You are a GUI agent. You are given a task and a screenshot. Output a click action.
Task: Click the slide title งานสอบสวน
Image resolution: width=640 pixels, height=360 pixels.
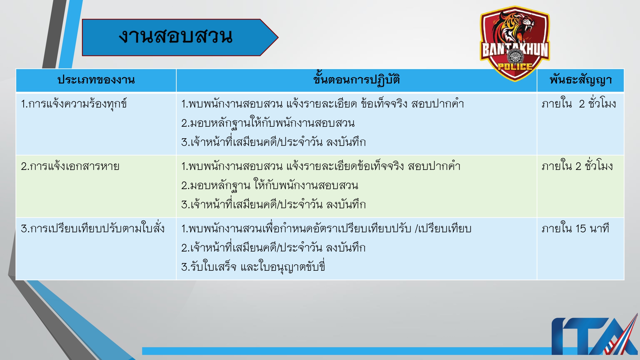coord(175,36)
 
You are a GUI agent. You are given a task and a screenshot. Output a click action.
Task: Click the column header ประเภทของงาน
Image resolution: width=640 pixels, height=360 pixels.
coord(96,80)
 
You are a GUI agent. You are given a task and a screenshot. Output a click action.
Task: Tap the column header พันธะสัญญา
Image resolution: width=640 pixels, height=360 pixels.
coord(580,80)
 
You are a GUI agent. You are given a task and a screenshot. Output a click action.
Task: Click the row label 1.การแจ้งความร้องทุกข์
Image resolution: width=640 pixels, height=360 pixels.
coord(74,104)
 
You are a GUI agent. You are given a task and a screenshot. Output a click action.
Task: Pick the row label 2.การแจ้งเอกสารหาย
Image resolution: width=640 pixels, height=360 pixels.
coord(70,166)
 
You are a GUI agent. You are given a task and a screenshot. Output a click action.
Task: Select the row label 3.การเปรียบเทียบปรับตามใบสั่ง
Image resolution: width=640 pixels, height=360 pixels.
coord(93,229)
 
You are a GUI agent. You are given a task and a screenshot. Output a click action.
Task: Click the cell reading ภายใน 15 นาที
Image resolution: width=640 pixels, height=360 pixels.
coord(575,229)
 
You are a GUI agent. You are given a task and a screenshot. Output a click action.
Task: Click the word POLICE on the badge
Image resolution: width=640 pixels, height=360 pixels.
coord(515,67)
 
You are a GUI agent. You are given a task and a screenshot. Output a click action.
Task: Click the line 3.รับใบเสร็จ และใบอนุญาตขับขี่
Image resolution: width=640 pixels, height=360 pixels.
coord(253,267)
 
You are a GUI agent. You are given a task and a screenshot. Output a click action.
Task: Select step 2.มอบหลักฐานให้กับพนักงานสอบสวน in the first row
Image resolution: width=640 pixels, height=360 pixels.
coord(268,123)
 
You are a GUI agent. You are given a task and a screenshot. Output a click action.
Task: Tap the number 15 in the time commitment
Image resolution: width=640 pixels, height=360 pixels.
coord(581,229)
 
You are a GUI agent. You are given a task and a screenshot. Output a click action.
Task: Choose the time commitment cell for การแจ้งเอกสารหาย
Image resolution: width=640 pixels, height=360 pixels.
coord(577,166)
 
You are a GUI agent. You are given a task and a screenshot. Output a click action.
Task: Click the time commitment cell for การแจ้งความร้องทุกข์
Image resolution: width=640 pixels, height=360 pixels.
coord(579,104)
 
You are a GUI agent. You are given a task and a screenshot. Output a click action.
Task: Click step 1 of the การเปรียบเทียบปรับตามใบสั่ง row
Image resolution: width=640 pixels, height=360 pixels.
coord(326,229)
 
